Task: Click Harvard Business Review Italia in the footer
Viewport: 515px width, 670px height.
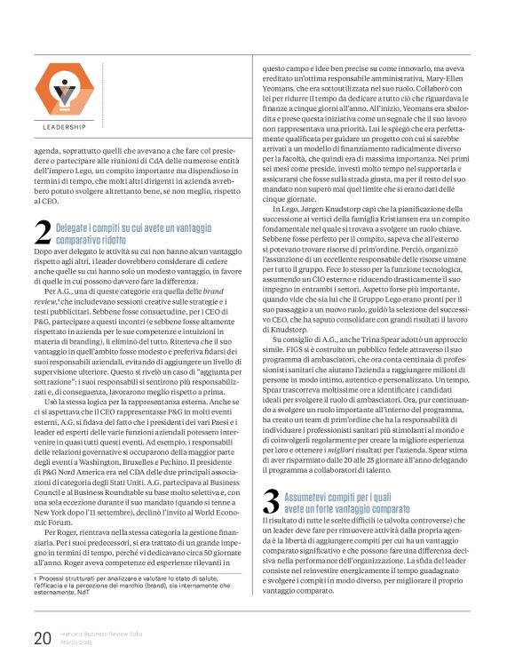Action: click(92, 632)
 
